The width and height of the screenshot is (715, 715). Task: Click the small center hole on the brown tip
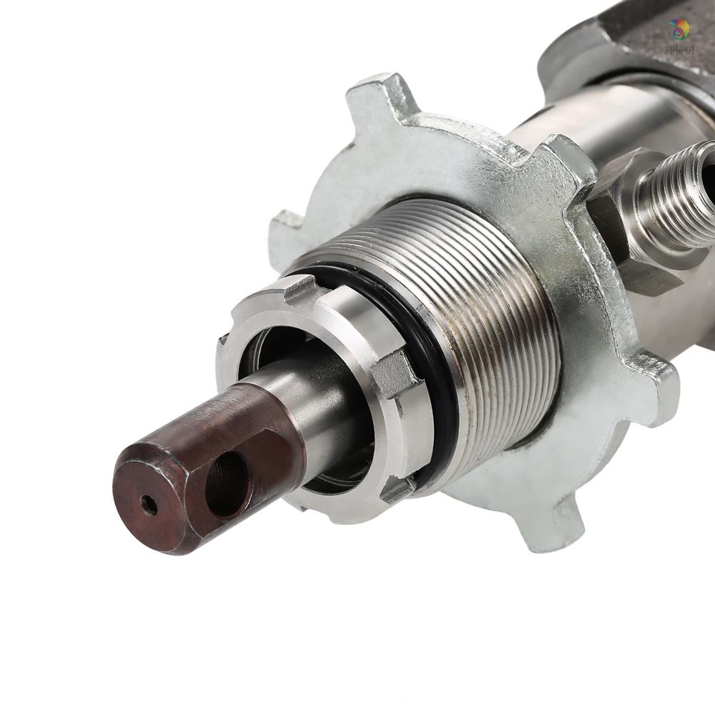pos(149,506)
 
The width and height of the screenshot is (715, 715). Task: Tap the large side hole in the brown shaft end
pos(227,484)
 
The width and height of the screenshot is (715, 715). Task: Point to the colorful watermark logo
pos(679,30)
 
